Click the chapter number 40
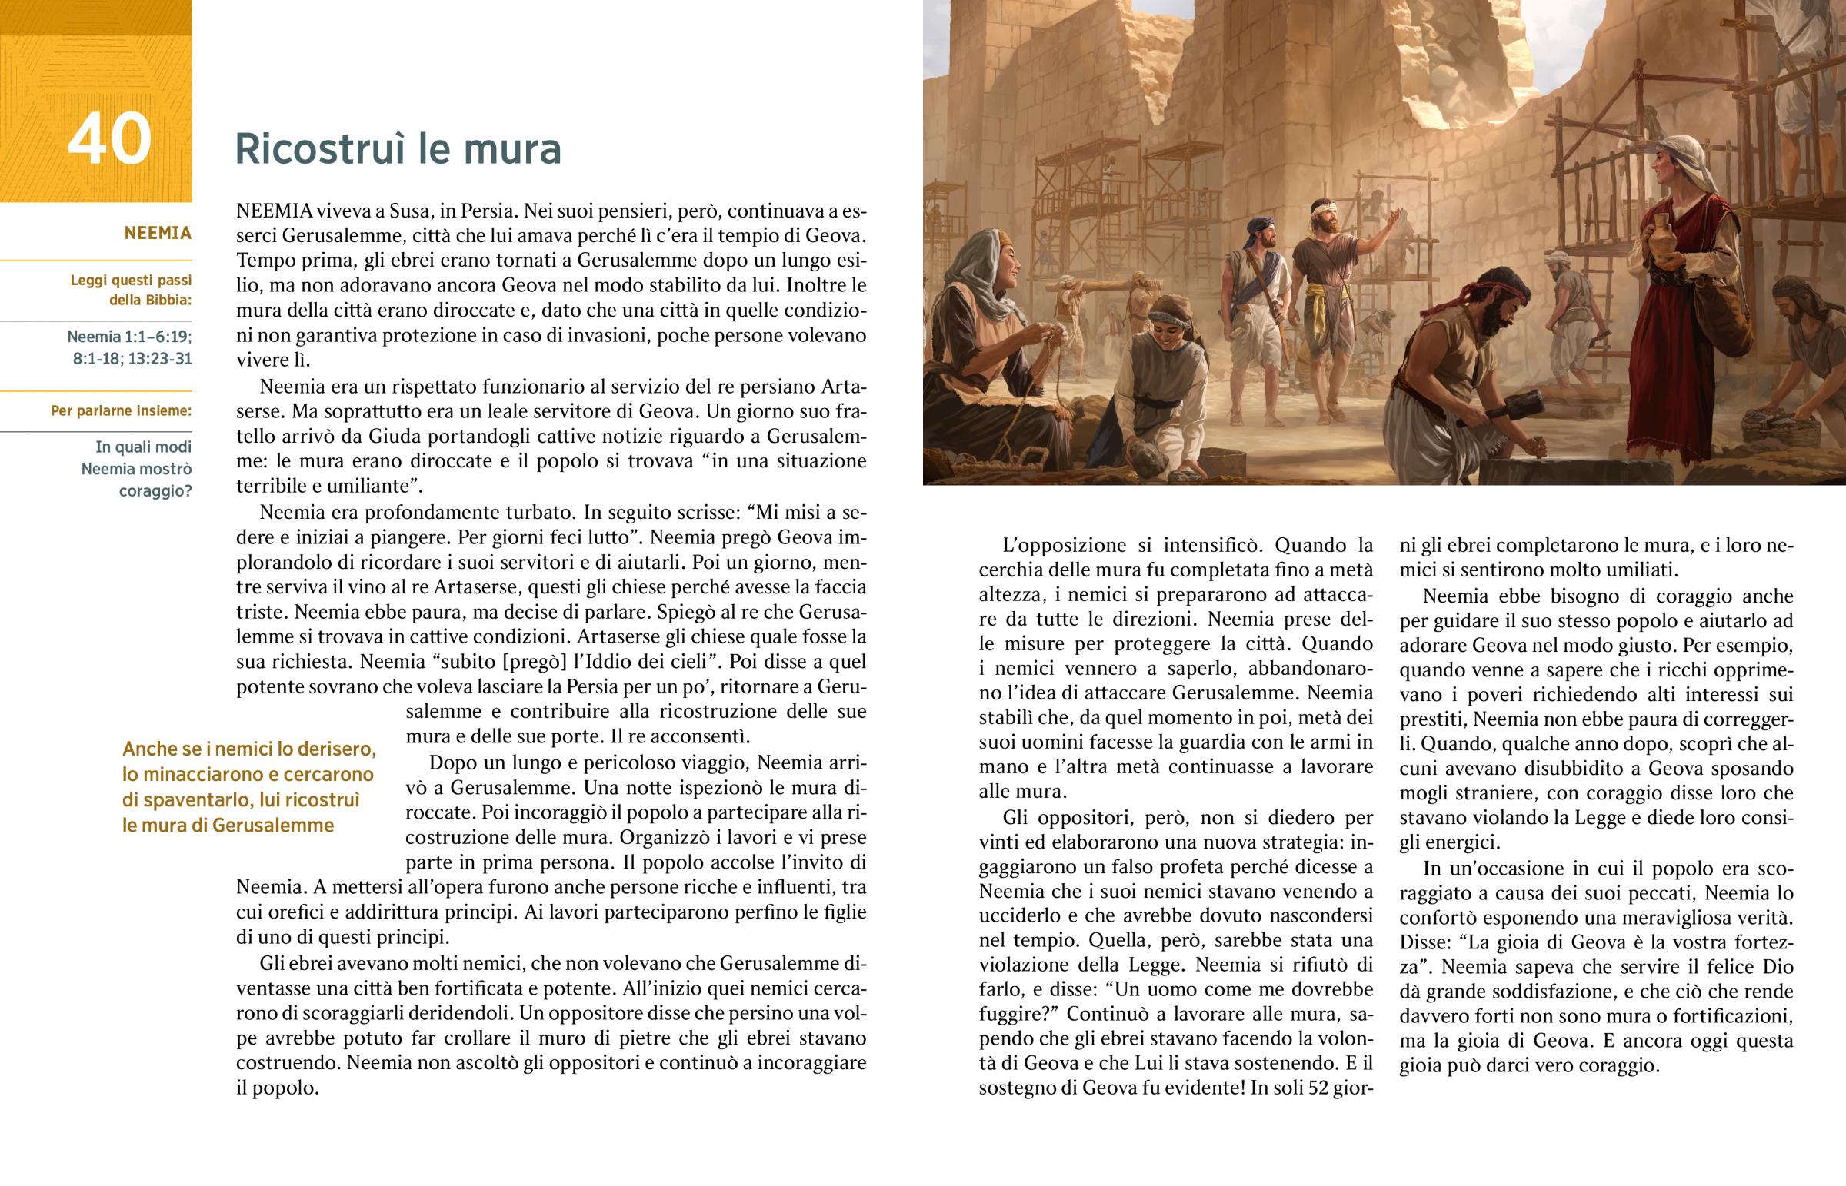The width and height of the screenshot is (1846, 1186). [109, 139]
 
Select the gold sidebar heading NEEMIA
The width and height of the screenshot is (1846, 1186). [157, 233]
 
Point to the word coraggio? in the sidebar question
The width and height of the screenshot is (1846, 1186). [155, 490]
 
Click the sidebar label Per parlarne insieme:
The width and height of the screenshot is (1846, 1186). [121, 410]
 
